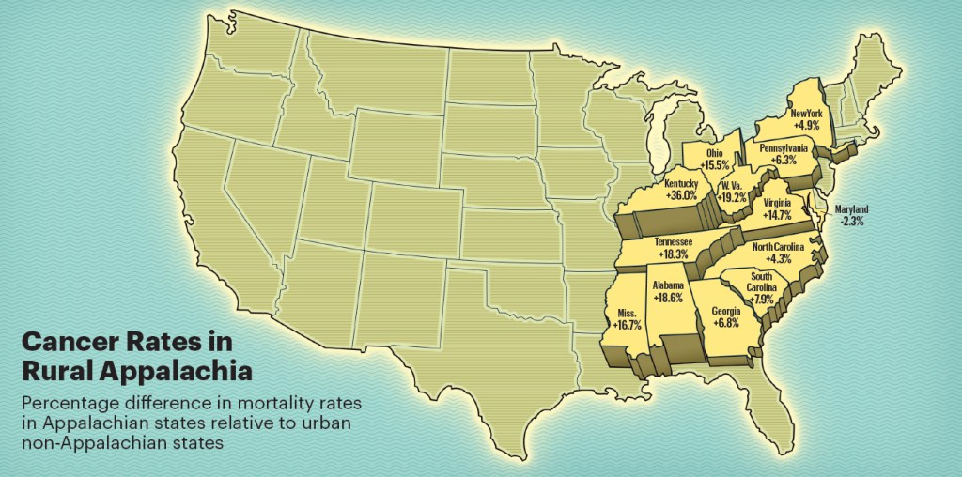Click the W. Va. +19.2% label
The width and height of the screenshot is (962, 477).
click(x=732, y=192)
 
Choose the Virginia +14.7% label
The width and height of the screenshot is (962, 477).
click(x=776, y=208)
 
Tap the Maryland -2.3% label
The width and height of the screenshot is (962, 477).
click(x=852, y=214)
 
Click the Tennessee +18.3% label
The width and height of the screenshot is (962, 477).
click(x=674, y=248)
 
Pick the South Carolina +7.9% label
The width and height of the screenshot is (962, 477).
click(x=762, y=281)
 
